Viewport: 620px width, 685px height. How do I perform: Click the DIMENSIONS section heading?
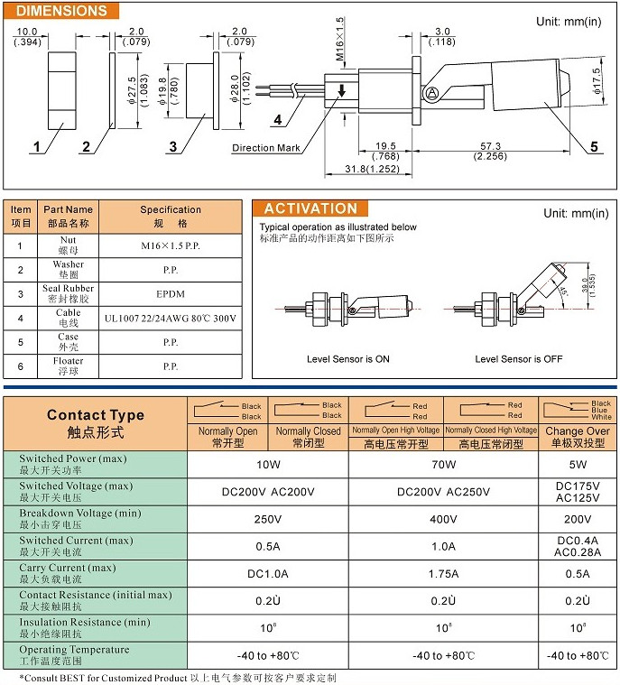[x=61, y=12]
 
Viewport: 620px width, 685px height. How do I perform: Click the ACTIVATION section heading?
[x=310, y=208]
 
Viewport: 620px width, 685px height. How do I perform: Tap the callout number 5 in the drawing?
[x=593, y=146]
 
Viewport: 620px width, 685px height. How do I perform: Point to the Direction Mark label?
[x=265, y=148]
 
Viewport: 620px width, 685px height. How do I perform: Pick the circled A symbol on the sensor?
[x=432, y=91]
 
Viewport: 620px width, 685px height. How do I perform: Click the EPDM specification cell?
[x=171, y=293]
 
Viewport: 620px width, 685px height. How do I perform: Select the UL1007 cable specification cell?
[x=171, y=318]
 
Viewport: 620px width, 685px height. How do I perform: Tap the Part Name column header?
[x=68, y=216]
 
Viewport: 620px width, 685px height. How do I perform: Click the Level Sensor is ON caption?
[x=348, y=359]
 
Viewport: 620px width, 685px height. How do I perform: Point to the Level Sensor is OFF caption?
[x=518, y=359]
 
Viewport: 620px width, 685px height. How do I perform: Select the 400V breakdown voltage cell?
[x=443, y=519]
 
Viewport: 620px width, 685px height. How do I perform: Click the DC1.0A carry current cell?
[x=267, y=574]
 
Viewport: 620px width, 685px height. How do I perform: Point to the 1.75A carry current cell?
[x=443, y=574]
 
